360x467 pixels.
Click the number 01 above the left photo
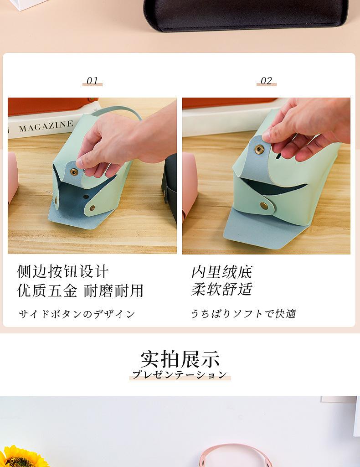pyautogui.click(x=93, y=81)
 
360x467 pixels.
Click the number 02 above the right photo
pyautogui.click(x=266, y=81)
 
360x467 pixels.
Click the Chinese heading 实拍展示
pyautogui.click(x=180, y=359)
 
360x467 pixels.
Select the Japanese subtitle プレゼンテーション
pyautogui.click(x=180, y=375)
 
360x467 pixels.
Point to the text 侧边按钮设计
pyautogui.click(x=63, y=271)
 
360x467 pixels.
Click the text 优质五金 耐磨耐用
pyautogui.click(x=80, y=291)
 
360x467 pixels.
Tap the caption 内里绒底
pyautogui.click(x=221, y=272)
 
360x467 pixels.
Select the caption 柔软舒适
pyautogui.click(x=221, y=289)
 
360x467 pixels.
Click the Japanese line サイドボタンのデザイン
pyautogui.click(x=77, y=314)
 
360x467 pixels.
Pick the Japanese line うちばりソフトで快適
pyautogui.click(x=243, y=314)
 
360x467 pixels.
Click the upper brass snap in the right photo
pyautogui.click(x=259, y=149)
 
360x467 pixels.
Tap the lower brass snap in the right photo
pyautogui.click(x=263, y=206)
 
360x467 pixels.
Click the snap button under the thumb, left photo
pyautogui.click(x=74, y=172)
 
